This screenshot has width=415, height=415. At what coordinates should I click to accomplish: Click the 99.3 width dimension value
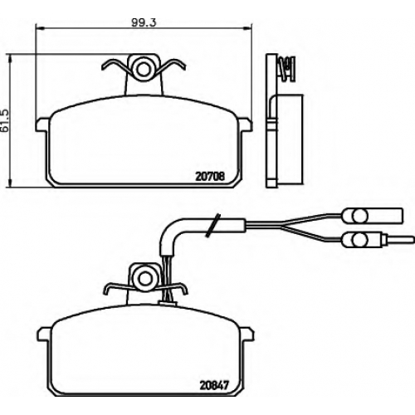click(x=144, y=22)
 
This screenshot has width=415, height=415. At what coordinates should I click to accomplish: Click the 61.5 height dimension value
click(x=5, y=120)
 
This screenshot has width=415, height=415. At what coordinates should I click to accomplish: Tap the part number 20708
click(x=210, y=176)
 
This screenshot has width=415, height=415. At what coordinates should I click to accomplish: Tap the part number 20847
click(x=214, y=385)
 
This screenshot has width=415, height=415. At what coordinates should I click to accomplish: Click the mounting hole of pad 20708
click(x=143, y=70)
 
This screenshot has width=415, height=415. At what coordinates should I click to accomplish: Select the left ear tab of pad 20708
click(x=43, y=124)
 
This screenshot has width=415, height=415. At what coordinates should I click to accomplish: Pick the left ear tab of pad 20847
click(x=45, y=334)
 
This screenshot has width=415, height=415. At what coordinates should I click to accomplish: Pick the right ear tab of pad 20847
click(x=247, y=334)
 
